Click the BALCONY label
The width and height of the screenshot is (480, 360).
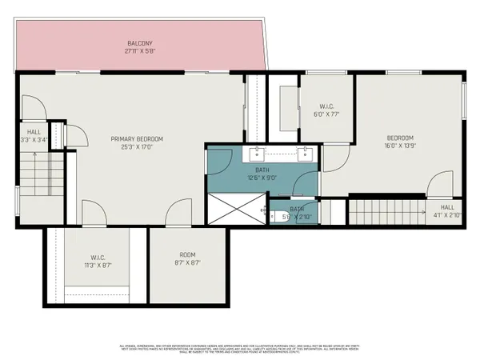click(x=140, y=43)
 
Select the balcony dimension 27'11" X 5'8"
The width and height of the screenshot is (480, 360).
click(x=140, y=51)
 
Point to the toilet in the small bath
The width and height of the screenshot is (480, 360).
click(x=277, y=214)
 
